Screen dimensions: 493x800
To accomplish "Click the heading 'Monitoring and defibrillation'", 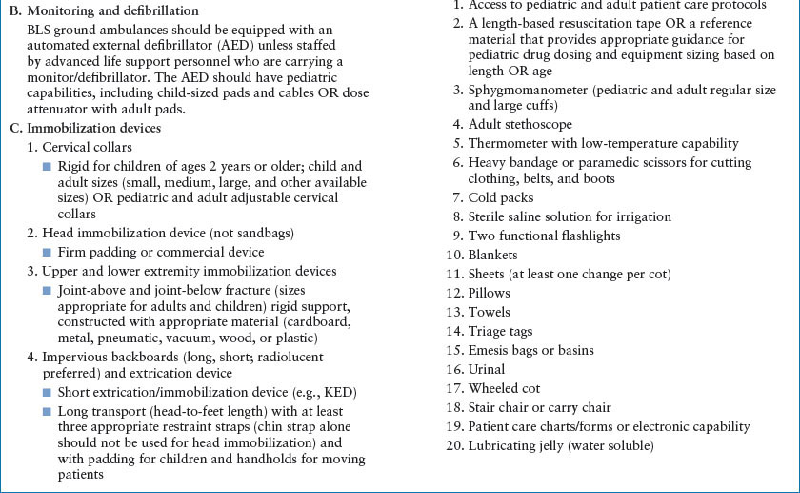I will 118,11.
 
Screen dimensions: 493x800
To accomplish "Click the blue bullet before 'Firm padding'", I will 47,253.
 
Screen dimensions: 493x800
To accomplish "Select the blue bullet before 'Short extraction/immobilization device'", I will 47,392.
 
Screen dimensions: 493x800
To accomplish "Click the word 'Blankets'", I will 493,255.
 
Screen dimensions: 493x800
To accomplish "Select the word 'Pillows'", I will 490,293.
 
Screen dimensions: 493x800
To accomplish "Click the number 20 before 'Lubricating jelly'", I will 454,445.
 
